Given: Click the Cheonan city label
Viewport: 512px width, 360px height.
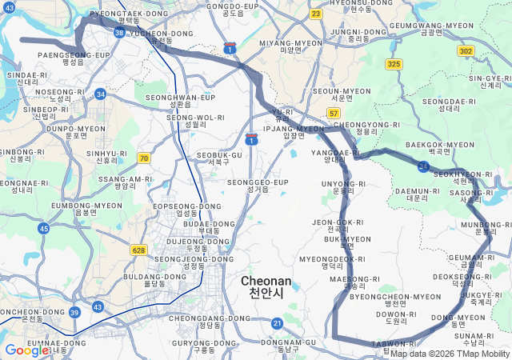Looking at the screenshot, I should click(x=266, y=287).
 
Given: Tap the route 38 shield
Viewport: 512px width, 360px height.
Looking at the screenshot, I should click(x=119, y=33).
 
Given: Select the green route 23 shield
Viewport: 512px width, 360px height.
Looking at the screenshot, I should click(x=316, y=14).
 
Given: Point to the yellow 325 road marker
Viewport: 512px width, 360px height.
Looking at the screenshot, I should click(x=394, y=63).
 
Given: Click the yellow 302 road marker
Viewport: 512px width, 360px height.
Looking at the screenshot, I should click(x=466, y=50).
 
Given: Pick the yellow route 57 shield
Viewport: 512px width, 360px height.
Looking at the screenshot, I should click(x=334, y=114).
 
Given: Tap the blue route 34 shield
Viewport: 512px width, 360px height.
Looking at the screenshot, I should click(x=100, y=94).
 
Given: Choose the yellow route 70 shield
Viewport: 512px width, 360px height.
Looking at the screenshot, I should click(x=143, y=158).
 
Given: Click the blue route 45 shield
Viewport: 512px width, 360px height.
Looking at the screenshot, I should click(x=44, y=229).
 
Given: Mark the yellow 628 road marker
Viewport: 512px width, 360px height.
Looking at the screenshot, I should click(x=139, y=250).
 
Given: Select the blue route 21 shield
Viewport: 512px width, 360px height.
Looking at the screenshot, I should click(x=278, y=323).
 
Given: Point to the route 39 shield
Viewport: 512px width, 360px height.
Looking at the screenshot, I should click(x=74, y=313).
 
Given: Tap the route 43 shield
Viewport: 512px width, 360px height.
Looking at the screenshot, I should click(x=98, y=306).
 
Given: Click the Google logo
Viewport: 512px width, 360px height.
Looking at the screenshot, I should click(x=27, y=350).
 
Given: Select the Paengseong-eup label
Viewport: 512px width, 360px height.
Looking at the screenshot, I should click(x=73, y=58).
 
